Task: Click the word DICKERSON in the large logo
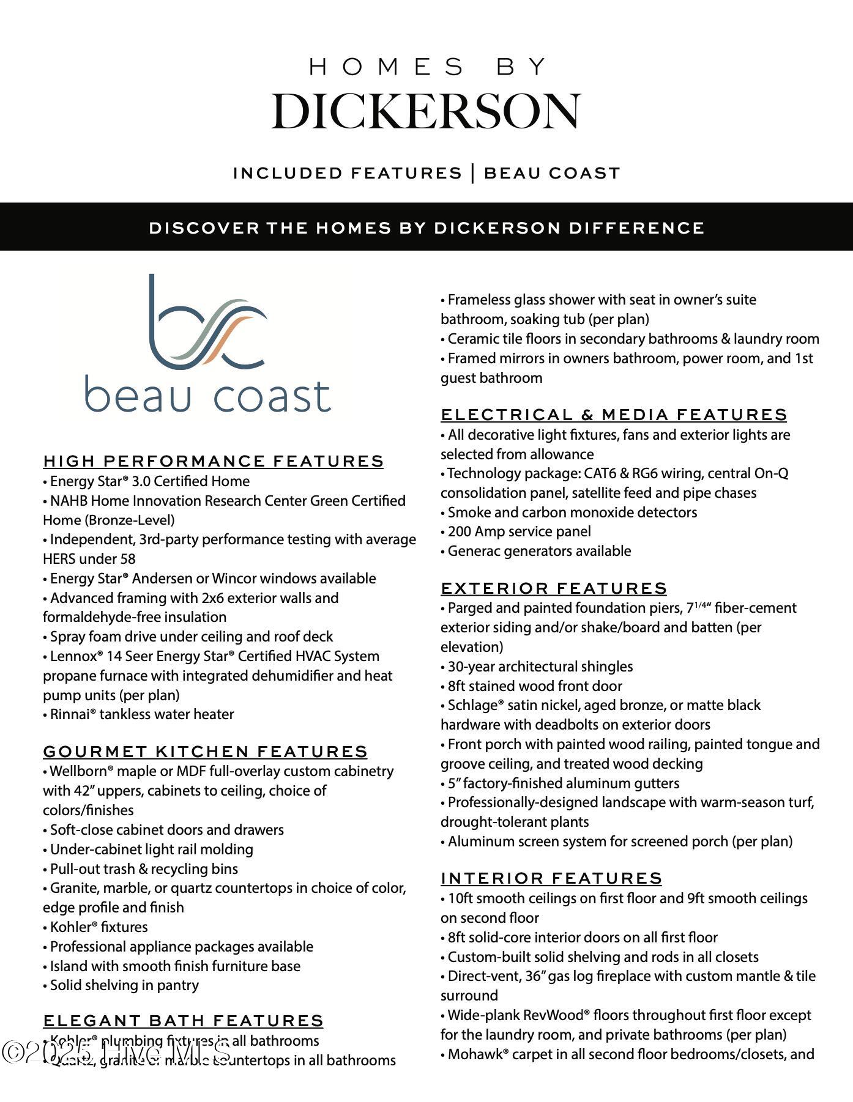tap(426, 111)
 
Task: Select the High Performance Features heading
tap(213, 461)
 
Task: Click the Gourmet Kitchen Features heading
tap(205, 752)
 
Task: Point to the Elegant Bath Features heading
tap(183, 1021)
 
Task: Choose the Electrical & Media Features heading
tap(613, 415)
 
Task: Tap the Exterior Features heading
tap(553, 588)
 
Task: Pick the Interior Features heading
tap(551, 878)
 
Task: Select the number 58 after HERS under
tap(128, 559)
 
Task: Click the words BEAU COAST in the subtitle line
tap(552, 174)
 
